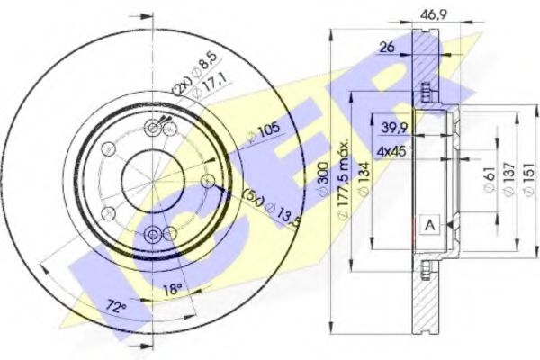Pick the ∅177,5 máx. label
(341, 175)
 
